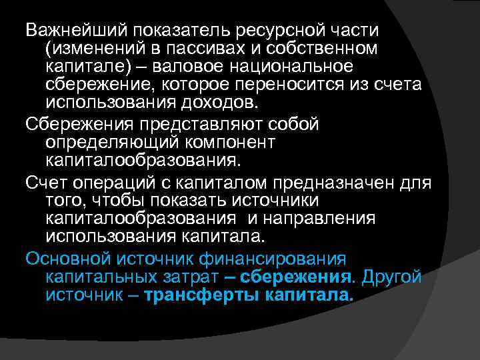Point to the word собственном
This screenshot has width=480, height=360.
[x=326, y=49]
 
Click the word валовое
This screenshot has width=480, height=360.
[x=197, y=67]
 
